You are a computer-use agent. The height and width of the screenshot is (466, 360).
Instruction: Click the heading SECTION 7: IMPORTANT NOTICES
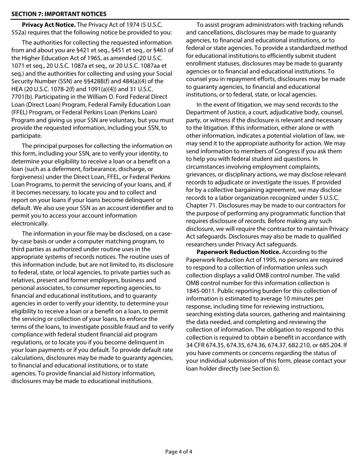59,14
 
